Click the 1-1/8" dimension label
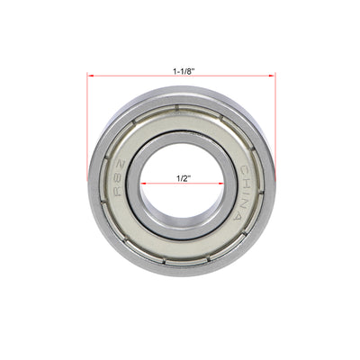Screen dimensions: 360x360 pos(181,67)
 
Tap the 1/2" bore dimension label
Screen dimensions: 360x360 pos(181,178)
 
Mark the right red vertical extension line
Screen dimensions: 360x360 pos(274,126)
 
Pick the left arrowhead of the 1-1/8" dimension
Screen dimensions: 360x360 pos(90,76)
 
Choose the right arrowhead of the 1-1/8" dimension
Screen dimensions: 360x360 pos(271,76)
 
